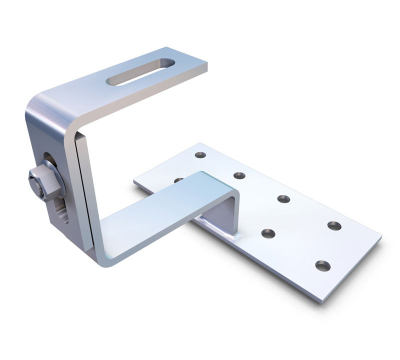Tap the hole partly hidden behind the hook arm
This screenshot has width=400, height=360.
(178, 180)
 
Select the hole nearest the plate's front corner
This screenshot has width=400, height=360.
(322, 265)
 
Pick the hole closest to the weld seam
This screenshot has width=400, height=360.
(268, 233)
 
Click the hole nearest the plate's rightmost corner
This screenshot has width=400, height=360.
(334, 225)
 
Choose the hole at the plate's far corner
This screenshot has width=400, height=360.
(200, 155)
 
